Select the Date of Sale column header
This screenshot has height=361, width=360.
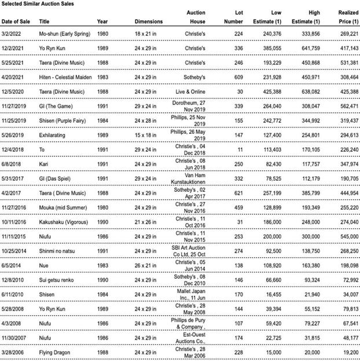(x=18, y=21)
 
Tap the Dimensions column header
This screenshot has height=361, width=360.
(x=149, y=21)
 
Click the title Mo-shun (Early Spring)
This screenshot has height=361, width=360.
(x=65, y=34)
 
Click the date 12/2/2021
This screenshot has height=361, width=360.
(x=14, y=49)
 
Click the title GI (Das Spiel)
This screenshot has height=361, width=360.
(x=56, y=179)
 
